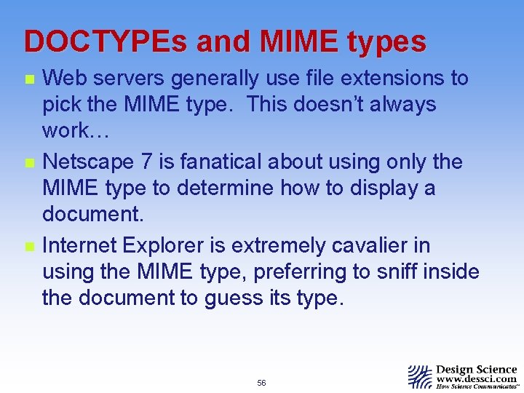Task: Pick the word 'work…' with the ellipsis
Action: [x=74, y=132]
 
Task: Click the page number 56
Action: [x=261, y=383]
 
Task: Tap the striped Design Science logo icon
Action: [x=419, y=376]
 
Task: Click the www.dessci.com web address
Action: [x=477, y=379]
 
